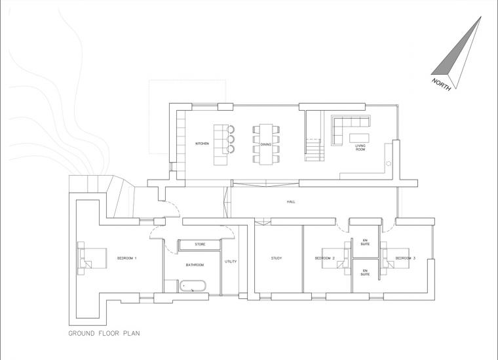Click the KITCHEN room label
[x=202, y=144]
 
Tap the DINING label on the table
[x=265, y=144]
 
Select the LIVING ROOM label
[x=360, y=148]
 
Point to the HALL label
[x=291, y=202]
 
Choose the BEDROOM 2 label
[x=325, y=258]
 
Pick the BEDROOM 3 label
[x=405, y=258]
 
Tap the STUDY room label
[x=277, y=258]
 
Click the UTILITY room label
[x=231, y=262]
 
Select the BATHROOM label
[x=195, y=265]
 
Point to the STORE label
[x=200, y=245]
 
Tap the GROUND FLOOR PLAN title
[x=104, y=333]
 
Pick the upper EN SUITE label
[x=365, y=242]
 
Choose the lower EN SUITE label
[x=365, y=272]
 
